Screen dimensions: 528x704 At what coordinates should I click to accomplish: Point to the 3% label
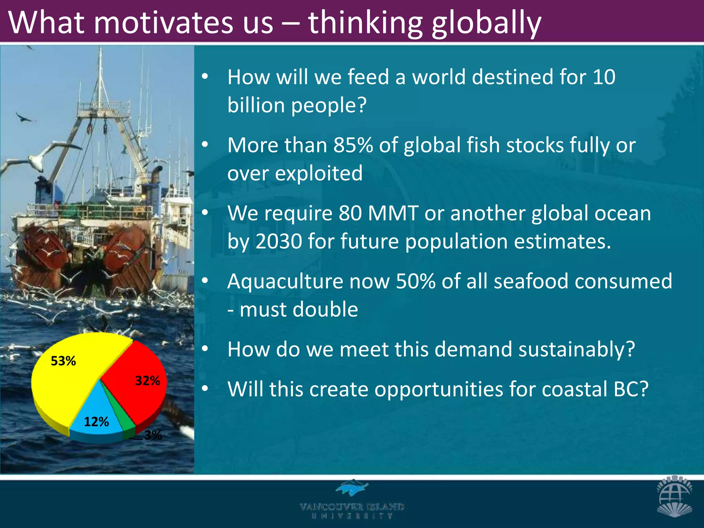pos(153,435)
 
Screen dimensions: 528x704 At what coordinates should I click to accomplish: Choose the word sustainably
pos(576,349)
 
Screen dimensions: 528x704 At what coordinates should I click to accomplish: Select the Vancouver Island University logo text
pos(352,510)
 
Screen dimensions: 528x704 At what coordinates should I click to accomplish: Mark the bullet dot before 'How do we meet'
pos(205,349)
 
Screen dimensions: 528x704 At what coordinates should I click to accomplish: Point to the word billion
pos(256,105)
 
